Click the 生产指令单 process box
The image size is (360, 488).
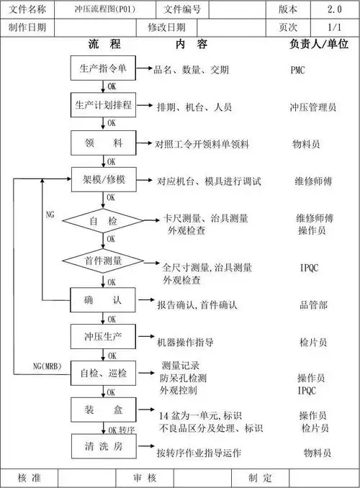[102, 69]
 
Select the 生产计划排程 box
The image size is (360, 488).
[102, 106]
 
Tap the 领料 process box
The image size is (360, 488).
[102, 143]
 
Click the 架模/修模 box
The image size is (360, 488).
[102, 179]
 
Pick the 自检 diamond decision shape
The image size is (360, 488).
[102, 220]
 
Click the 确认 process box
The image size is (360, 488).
[102, 299]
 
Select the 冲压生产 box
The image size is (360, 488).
[102, 336]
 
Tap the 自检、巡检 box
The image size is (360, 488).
[102, 373]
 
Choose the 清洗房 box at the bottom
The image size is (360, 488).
[102, 446]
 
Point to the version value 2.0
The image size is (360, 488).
[334, 9]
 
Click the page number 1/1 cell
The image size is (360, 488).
[334, 27]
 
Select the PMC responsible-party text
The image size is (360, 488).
[297, 70]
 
